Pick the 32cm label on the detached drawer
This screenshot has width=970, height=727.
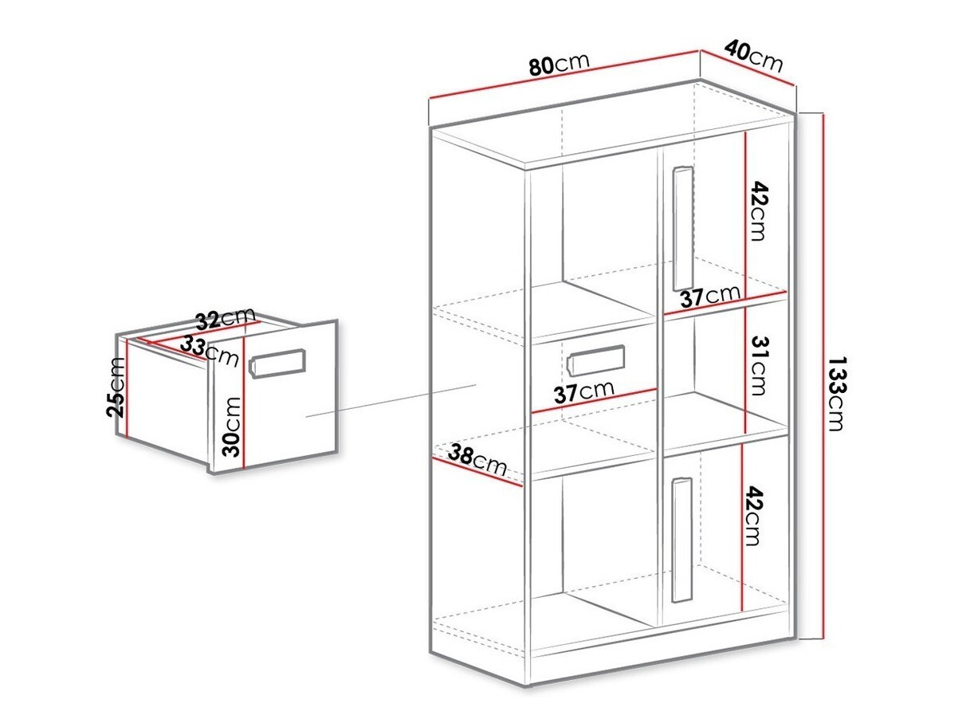coord(225,319)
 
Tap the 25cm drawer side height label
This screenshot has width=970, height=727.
coord(116,387)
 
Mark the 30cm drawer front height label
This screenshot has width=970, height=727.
coord(232,426)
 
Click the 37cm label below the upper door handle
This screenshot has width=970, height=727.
coord(710,296)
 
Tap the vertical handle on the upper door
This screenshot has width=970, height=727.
coord(682,228)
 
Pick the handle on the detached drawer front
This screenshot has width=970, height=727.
coord(278,363)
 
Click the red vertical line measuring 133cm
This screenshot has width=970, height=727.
coord(822,375)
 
